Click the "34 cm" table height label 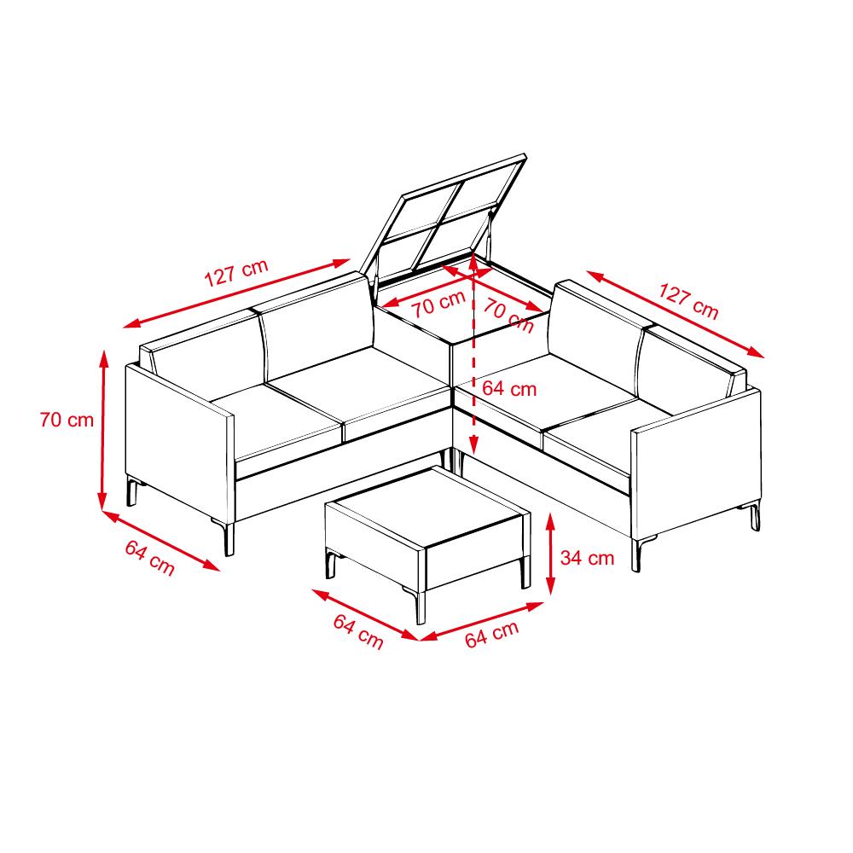[587, 558]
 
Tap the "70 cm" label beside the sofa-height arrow [67, 420]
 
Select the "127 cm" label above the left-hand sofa [236, 273]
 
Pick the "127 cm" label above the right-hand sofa [688, 301]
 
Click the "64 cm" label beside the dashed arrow [509, 388]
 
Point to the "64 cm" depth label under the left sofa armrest [149, 558]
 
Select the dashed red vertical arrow [474, 354]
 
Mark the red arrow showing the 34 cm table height [550, 554]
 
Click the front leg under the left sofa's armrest [229, 538]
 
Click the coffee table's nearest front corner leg [420, 605]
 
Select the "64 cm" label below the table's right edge [492, 635]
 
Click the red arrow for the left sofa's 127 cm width [236, 293]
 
